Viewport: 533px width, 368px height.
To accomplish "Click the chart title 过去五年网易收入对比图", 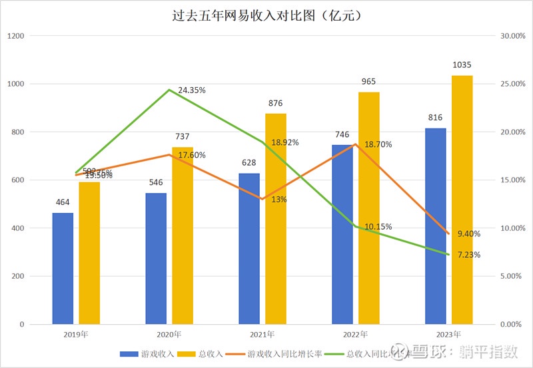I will point(266,15).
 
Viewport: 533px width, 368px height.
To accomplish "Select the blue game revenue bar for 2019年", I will point(63,269).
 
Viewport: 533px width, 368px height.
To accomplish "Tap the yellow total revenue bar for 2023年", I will point(462,200).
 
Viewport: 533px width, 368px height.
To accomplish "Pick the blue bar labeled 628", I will point(249,249).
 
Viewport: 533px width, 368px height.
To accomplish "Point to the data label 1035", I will point(462,65).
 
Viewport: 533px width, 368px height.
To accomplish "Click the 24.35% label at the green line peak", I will point(192,90).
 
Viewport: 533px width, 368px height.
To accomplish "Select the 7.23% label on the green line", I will point(469,255).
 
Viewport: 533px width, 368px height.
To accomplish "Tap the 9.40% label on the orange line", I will point(469,234).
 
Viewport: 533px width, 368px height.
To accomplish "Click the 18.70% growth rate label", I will point(378,144).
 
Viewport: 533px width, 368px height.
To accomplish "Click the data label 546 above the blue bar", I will point(156,182).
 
